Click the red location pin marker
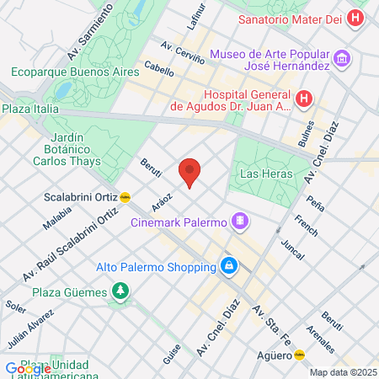(190, 172)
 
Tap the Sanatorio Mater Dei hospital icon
(357, 18)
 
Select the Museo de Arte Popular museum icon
(342, 59)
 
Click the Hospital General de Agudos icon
(304, 99)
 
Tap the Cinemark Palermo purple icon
(240, 222)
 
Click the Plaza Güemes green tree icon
(121, 291)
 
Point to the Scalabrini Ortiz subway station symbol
(125, 198)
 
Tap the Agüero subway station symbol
(298, 355)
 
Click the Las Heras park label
(266, 173)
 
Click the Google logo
(28, 368)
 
